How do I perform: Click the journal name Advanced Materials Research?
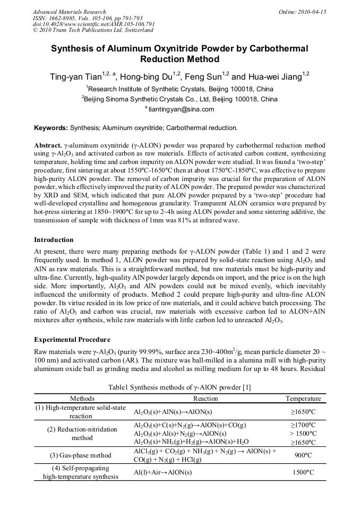pos(69,12)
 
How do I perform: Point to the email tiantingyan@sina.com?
pos(181,109)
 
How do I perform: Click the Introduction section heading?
pos(54,240)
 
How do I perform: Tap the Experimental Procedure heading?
pos(72,339)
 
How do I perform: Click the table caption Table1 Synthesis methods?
pos(179,387)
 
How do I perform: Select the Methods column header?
pos(82,399)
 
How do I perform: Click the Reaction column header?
pos(205,399)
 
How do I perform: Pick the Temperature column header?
pos(303,399)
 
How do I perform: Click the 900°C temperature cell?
pos(303,455)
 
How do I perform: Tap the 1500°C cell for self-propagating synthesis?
pos(303,472)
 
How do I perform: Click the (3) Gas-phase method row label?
pos(81,455)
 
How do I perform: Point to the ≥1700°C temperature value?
pos(303,425)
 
